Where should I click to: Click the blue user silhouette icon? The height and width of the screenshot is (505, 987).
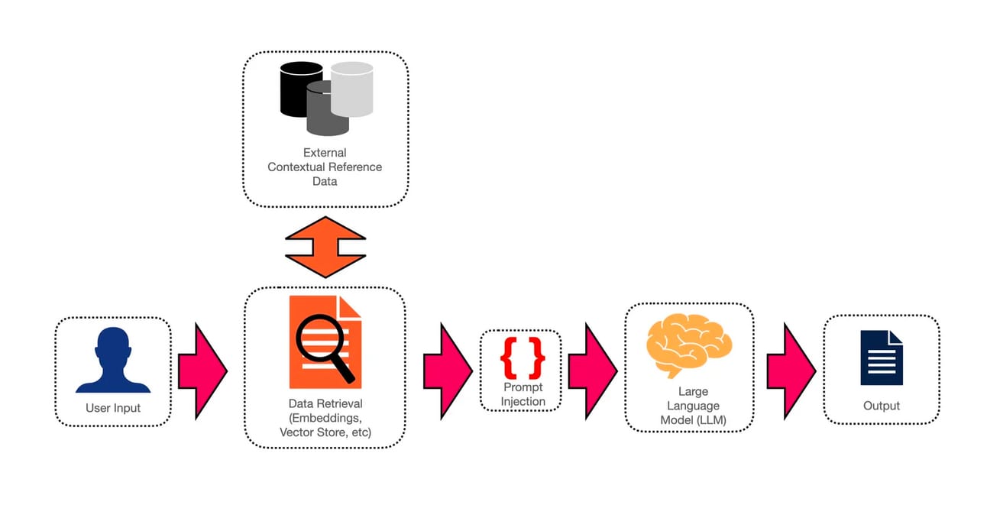pos(112,359)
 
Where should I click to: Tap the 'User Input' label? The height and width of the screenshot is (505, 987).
pos(113,408)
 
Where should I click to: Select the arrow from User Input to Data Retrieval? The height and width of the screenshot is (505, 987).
pos(202,371)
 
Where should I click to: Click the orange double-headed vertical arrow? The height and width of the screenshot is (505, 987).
pos(325,247)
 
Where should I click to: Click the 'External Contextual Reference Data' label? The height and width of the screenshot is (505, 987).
pos(325,167)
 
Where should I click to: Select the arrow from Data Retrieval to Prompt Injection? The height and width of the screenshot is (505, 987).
pos(447,371)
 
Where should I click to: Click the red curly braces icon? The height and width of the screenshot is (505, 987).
pos(523,358)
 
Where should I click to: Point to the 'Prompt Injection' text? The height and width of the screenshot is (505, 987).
pos(523,394)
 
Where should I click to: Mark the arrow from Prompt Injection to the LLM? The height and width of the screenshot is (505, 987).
pos(592,371)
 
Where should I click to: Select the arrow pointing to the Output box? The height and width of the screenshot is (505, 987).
pos(791,371)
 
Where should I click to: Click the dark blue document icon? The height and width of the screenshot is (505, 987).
pos(881,358)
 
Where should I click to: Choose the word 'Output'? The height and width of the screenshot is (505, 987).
pos(882,406)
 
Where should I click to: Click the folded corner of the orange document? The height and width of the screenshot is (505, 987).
pos(351,307)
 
